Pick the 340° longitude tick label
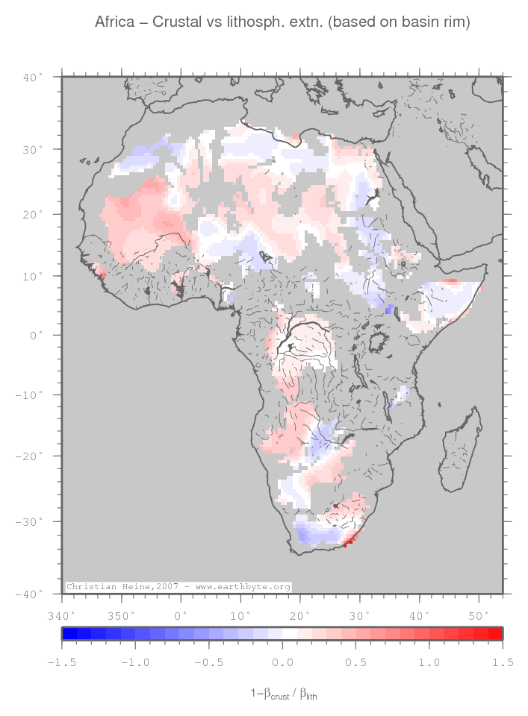[60, 615]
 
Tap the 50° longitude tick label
[478, 615]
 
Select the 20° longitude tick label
[299, 615]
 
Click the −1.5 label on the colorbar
[61, 662]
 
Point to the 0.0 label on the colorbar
[282, 662]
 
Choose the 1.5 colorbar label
[502, 662]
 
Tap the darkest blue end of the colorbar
[69, 634]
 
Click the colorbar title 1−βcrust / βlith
[288, 694]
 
